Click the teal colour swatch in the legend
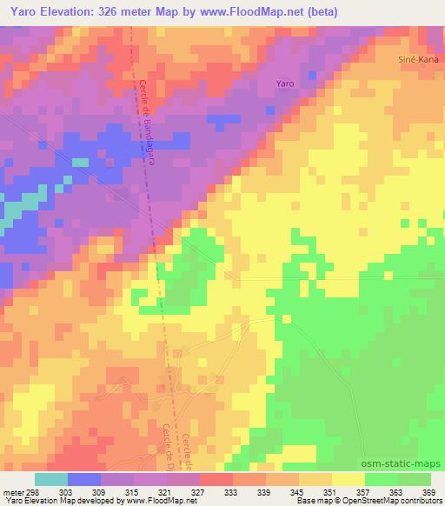click(51, 479)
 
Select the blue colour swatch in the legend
click(84, 479)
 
